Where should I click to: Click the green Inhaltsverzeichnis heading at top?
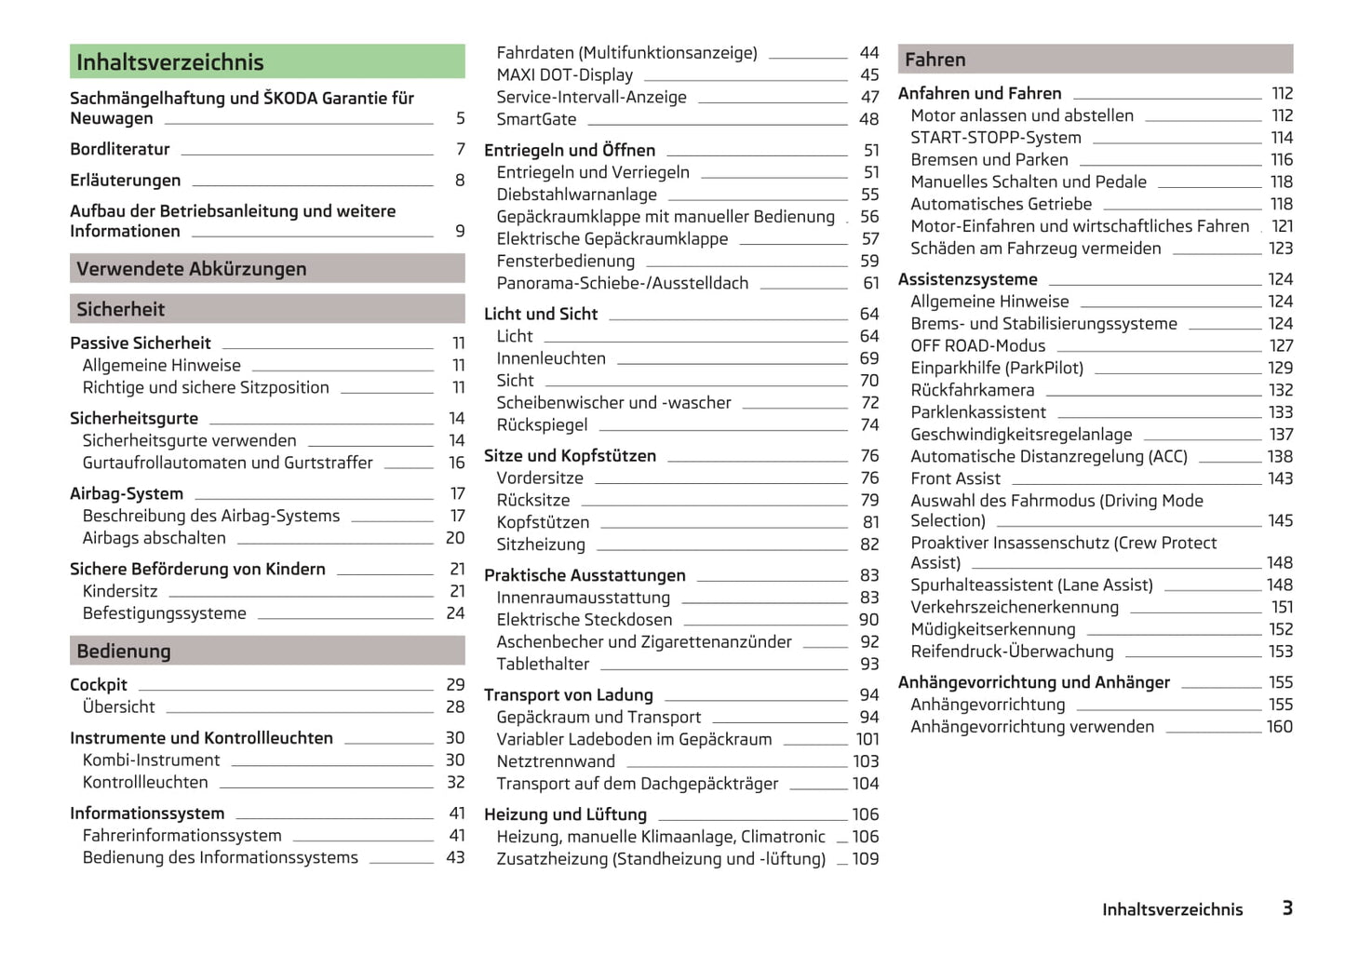point(170,62)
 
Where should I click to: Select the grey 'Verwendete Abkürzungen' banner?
point(192,269)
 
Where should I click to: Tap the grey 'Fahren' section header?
point(935,60)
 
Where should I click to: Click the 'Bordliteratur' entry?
point(120,150)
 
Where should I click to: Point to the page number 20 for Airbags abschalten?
point(455,538)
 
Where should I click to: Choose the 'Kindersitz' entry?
point(120,592)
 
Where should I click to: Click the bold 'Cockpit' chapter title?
point(99,685)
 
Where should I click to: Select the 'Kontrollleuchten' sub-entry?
point(145,783)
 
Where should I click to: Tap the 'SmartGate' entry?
point(536,120)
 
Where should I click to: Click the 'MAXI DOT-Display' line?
point(564,75)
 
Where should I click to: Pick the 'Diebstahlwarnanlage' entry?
point(576,195)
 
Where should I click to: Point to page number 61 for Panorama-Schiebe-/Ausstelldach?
point(870,284)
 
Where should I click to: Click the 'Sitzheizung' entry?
point(541,545)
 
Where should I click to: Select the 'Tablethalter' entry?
point(543,665)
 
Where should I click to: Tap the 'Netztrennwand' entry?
point(556,761)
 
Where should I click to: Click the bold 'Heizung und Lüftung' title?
point(565,814)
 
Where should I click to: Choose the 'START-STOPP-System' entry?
point(996,138)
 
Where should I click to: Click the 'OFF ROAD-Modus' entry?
point(978,346)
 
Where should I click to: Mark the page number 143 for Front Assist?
point(1280,478)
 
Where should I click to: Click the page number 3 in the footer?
point(1287,908)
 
